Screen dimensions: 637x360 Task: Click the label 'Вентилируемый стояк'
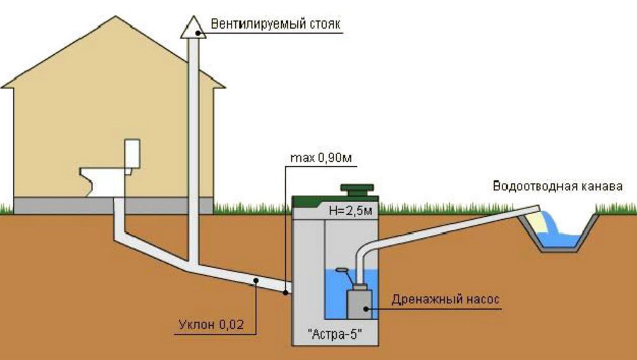(275, 24)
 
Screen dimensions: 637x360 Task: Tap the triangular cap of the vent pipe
(193, 28)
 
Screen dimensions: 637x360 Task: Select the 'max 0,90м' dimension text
(321, 158)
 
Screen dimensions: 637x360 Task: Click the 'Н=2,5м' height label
(351, 211)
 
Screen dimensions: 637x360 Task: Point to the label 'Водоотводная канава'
(557, 186)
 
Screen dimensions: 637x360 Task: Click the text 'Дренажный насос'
(445, 300)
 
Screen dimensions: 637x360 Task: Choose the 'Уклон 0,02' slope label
(211, 325)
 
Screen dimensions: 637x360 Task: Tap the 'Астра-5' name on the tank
(335, 335)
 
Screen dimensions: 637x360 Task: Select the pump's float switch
(342, 270)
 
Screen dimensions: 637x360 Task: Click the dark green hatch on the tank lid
(357, 189)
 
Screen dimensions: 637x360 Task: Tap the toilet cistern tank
(133, 154)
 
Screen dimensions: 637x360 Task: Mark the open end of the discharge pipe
(536, 210)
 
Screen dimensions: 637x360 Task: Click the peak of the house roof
(116, 16)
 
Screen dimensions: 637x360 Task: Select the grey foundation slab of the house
(113, 206)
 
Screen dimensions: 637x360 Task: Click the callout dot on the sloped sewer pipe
(256, 280)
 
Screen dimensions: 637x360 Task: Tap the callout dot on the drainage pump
(366, 309)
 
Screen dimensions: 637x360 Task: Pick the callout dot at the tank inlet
(286, 292)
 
